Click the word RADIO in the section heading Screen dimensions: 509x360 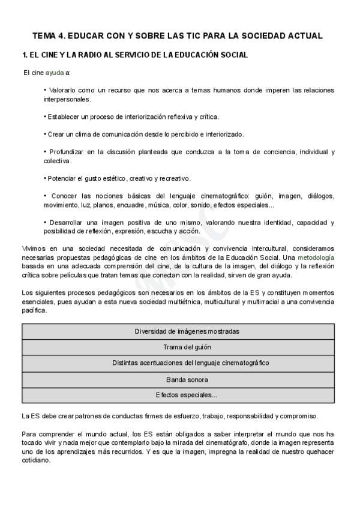tap(80, 55)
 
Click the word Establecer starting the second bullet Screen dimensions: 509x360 tap(66, 116)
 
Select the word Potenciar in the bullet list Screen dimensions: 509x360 tap(64, 178)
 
